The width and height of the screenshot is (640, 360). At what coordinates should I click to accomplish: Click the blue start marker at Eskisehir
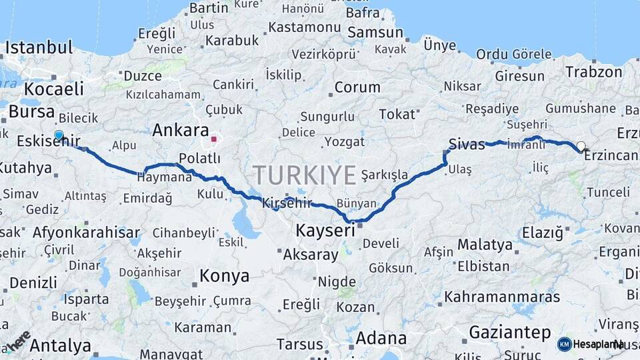coord(59,135)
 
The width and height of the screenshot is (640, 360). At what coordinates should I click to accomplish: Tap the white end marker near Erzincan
coord(581,146)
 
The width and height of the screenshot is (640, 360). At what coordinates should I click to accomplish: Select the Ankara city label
coord(180,130)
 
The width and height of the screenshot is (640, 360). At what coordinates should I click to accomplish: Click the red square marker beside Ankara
coord(214,139)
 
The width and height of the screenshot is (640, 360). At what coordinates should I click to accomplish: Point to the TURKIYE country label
coord(304,175)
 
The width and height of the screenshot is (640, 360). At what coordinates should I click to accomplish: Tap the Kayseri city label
coord(325,231)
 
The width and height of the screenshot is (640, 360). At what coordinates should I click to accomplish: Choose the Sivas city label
coord(467,144)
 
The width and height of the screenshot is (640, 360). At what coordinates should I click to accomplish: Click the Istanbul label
coord(39,47)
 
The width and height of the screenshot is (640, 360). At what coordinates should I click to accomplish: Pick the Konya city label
coord(225,275)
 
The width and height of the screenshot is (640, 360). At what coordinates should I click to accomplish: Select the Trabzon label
coord(594,72)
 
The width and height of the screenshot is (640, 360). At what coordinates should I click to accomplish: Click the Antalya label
coord(61,345)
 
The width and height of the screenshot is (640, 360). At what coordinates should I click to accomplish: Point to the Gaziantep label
coord(510,332)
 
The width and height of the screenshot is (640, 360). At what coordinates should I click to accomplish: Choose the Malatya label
coord(485,245)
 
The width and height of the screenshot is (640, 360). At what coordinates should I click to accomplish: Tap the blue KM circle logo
coord(565,344)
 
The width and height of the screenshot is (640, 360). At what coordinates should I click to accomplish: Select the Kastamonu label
coord(304,28)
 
